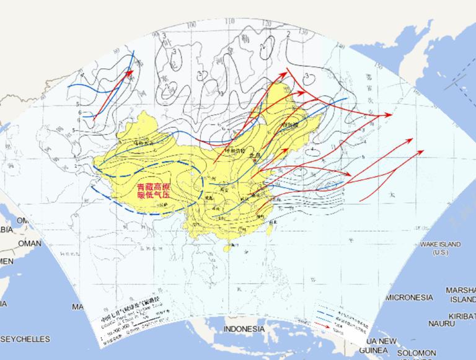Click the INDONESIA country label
244,328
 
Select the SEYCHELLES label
25,340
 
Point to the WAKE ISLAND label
440,245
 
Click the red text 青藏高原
154,187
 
